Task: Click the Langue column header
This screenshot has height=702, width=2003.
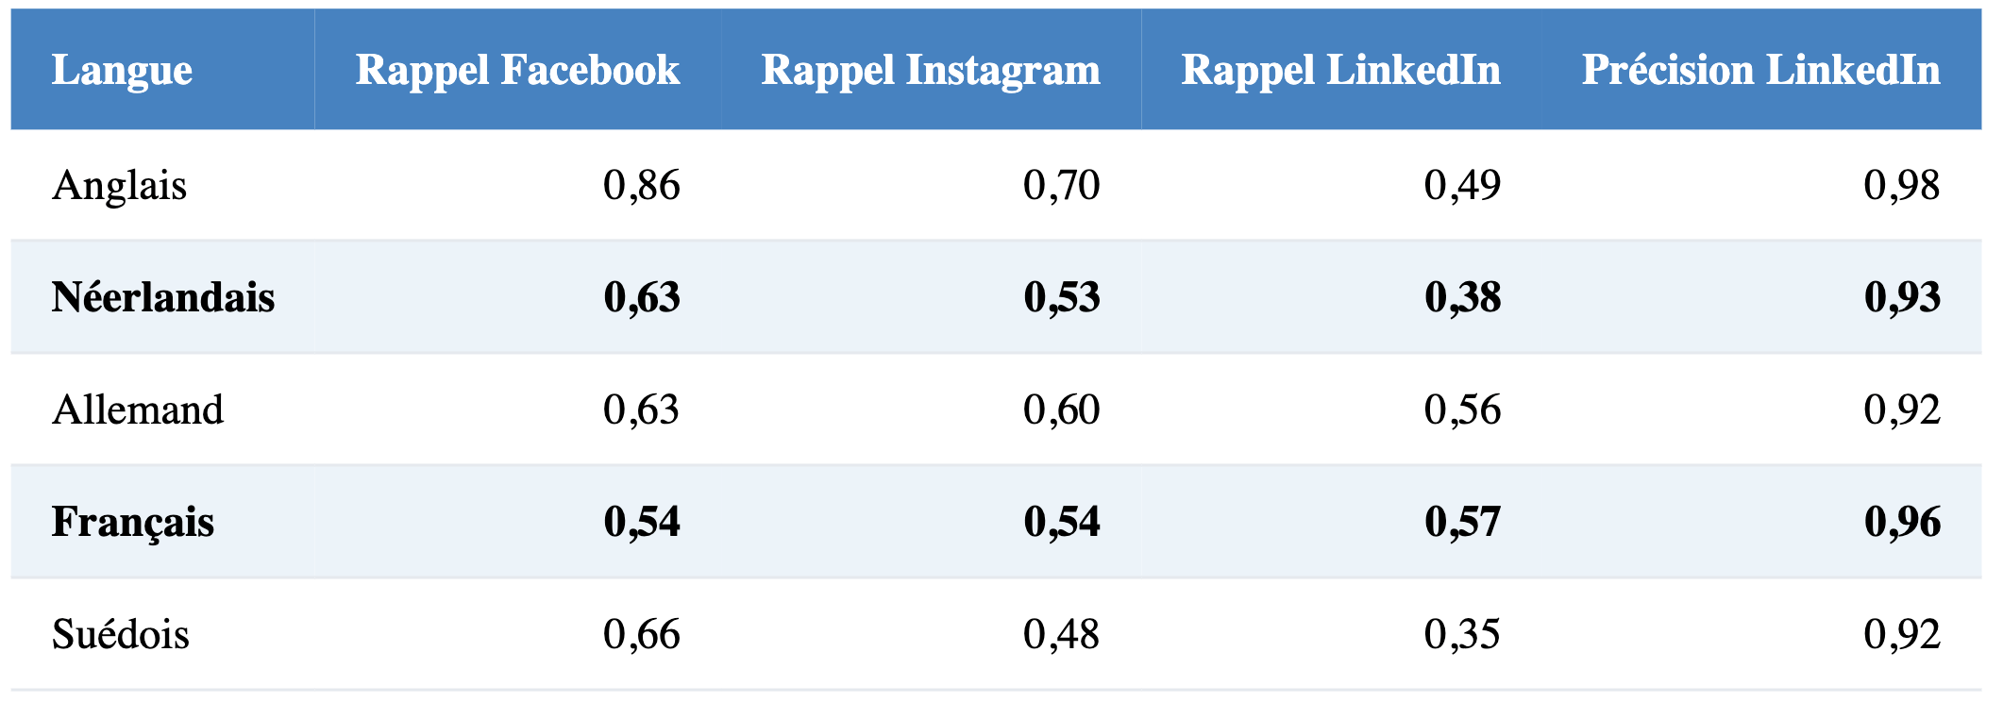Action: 122,71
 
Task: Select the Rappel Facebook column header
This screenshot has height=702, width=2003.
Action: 517,70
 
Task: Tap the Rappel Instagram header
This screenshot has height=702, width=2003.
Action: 931,71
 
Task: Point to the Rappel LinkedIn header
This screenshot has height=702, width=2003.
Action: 1340,71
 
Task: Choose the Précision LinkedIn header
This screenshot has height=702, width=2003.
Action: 1760,70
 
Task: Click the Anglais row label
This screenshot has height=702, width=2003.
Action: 120,186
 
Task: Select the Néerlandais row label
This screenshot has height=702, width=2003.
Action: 163,297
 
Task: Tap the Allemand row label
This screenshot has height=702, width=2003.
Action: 138,409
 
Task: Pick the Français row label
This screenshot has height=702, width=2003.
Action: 133,523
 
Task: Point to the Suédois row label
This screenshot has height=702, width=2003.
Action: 121,634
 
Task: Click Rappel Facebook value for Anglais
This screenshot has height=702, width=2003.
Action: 642,186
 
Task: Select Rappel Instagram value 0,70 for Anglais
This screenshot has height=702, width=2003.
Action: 1062,186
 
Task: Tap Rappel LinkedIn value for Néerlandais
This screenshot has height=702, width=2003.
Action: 1463,298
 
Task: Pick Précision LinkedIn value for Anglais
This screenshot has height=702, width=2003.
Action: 1902,186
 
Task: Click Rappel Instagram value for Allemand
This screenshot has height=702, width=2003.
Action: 1062,410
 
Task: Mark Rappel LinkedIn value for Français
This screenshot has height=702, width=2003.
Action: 1463,523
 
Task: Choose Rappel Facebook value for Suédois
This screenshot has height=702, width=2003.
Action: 642,635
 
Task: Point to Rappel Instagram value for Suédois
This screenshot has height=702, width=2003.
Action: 1062,635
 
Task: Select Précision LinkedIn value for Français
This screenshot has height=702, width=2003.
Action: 1902,523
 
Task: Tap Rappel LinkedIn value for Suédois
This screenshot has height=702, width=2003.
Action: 1463,635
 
